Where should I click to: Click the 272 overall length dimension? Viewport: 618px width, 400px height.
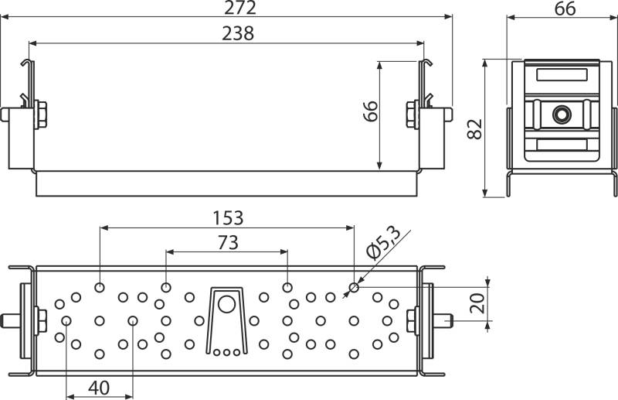click(x=240, y=8)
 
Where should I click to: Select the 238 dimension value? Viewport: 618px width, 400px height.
click(x=238, y=33)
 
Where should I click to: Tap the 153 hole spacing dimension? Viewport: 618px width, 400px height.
click(x=228, y=218)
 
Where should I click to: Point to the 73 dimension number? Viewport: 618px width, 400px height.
click(x=228, y=242)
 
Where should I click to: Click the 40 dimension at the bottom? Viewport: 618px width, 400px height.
click(x=99, y=388)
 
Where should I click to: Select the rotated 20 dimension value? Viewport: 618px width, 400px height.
click(x=477, y=303)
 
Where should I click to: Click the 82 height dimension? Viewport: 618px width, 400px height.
click(x=474, y=128)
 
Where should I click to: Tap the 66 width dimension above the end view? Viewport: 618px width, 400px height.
click(x=565, y=9)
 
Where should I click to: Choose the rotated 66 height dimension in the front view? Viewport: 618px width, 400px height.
click(x=371, y=111)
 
